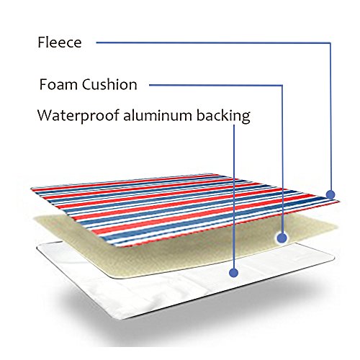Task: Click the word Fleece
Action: click(x=60, y=42)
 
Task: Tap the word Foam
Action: click(x=58, y=84)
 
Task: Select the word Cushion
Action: click(x=109, y=84)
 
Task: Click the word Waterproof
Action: click(x=78, y=116)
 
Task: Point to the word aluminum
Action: click(x=158, y=115)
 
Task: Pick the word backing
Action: click(x=223, y=116)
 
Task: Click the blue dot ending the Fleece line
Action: click(x=330, y=194)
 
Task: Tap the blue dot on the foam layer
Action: click(x=282, y=238)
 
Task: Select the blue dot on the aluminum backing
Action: click(x=233, y=273)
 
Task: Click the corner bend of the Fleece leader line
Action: click(x=330, y=43)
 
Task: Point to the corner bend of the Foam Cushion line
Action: click(x=282, y=85)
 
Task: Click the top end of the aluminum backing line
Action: click(x=234, y=125)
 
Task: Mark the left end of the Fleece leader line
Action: click(x=96, y=42)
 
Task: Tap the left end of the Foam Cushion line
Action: click(x=149, y=85)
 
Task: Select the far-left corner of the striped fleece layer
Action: click(x=32, y=189)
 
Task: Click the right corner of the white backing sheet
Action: click(x=333, y=258)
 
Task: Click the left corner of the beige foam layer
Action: click(x=35, y=219)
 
